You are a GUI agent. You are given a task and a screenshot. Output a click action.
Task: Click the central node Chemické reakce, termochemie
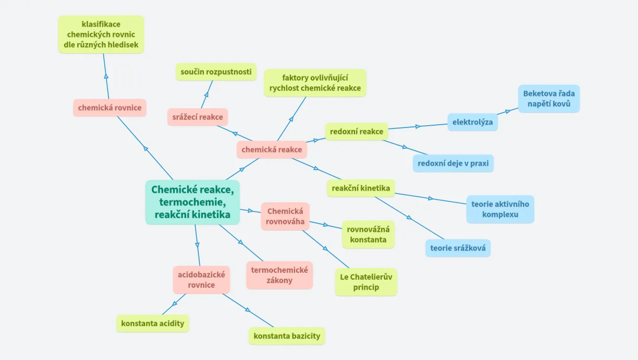(x=192, y=202)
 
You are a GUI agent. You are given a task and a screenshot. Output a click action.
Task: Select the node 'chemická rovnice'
(x=110, y=108)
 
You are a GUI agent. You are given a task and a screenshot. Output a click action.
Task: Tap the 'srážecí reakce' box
(x=197, y=117)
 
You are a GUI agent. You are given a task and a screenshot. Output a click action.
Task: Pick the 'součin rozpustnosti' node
(x=216, y=72)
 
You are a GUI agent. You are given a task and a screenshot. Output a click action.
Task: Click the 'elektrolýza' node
(x=472, y=122)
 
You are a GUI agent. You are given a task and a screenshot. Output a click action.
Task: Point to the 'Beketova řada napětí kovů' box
(x=549, y=99)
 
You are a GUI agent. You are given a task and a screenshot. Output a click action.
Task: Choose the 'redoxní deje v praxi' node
(x=453, y=164)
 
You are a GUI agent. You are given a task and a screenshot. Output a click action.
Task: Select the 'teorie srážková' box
(x=458, y=248)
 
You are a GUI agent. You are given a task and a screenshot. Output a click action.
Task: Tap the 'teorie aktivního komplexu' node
(x=500, y=209)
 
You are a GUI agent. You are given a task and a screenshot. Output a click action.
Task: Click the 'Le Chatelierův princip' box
(x=366, y=282)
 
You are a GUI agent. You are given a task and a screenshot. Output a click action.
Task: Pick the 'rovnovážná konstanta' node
(x=368, y=234)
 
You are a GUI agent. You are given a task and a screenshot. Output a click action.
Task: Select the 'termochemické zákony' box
(x=280, y=275)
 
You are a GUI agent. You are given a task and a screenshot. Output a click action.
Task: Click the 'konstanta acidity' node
(x=152, y=323)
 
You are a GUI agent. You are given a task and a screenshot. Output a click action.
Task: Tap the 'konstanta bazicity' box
(x=287, y=336)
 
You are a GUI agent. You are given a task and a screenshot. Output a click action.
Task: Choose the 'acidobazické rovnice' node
(x=201, y=280)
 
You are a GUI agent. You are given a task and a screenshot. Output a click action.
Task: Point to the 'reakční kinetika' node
(x=361, y=188)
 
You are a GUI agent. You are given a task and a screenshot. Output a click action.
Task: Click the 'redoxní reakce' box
(x=357, y=132)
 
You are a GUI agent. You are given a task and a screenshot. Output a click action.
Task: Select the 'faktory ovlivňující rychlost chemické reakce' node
(x=315, y=83)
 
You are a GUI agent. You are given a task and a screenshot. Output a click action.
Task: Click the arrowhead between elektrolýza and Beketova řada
(x=507, y=112)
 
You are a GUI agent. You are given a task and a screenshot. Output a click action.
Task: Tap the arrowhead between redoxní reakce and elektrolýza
(x=418, y=126)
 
